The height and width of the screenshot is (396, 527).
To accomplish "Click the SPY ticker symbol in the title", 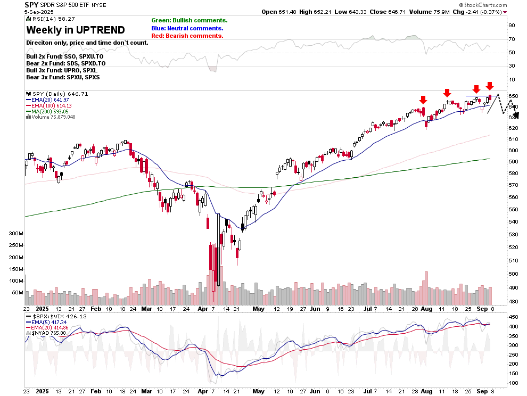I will click(32, 4).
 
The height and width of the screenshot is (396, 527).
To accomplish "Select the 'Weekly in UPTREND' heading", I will click(76, 30).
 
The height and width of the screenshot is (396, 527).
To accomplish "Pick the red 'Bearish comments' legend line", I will click(187, 36).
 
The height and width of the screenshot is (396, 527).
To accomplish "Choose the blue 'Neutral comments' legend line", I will click(187, 28).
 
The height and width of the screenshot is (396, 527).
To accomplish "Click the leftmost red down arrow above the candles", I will click(423, 100).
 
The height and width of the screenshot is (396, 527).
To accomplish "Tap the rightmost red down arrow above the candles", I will click(490, 86).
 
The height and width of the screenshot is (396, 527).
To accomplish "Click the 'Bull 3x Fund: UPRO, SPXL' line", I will click(62, 70).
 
